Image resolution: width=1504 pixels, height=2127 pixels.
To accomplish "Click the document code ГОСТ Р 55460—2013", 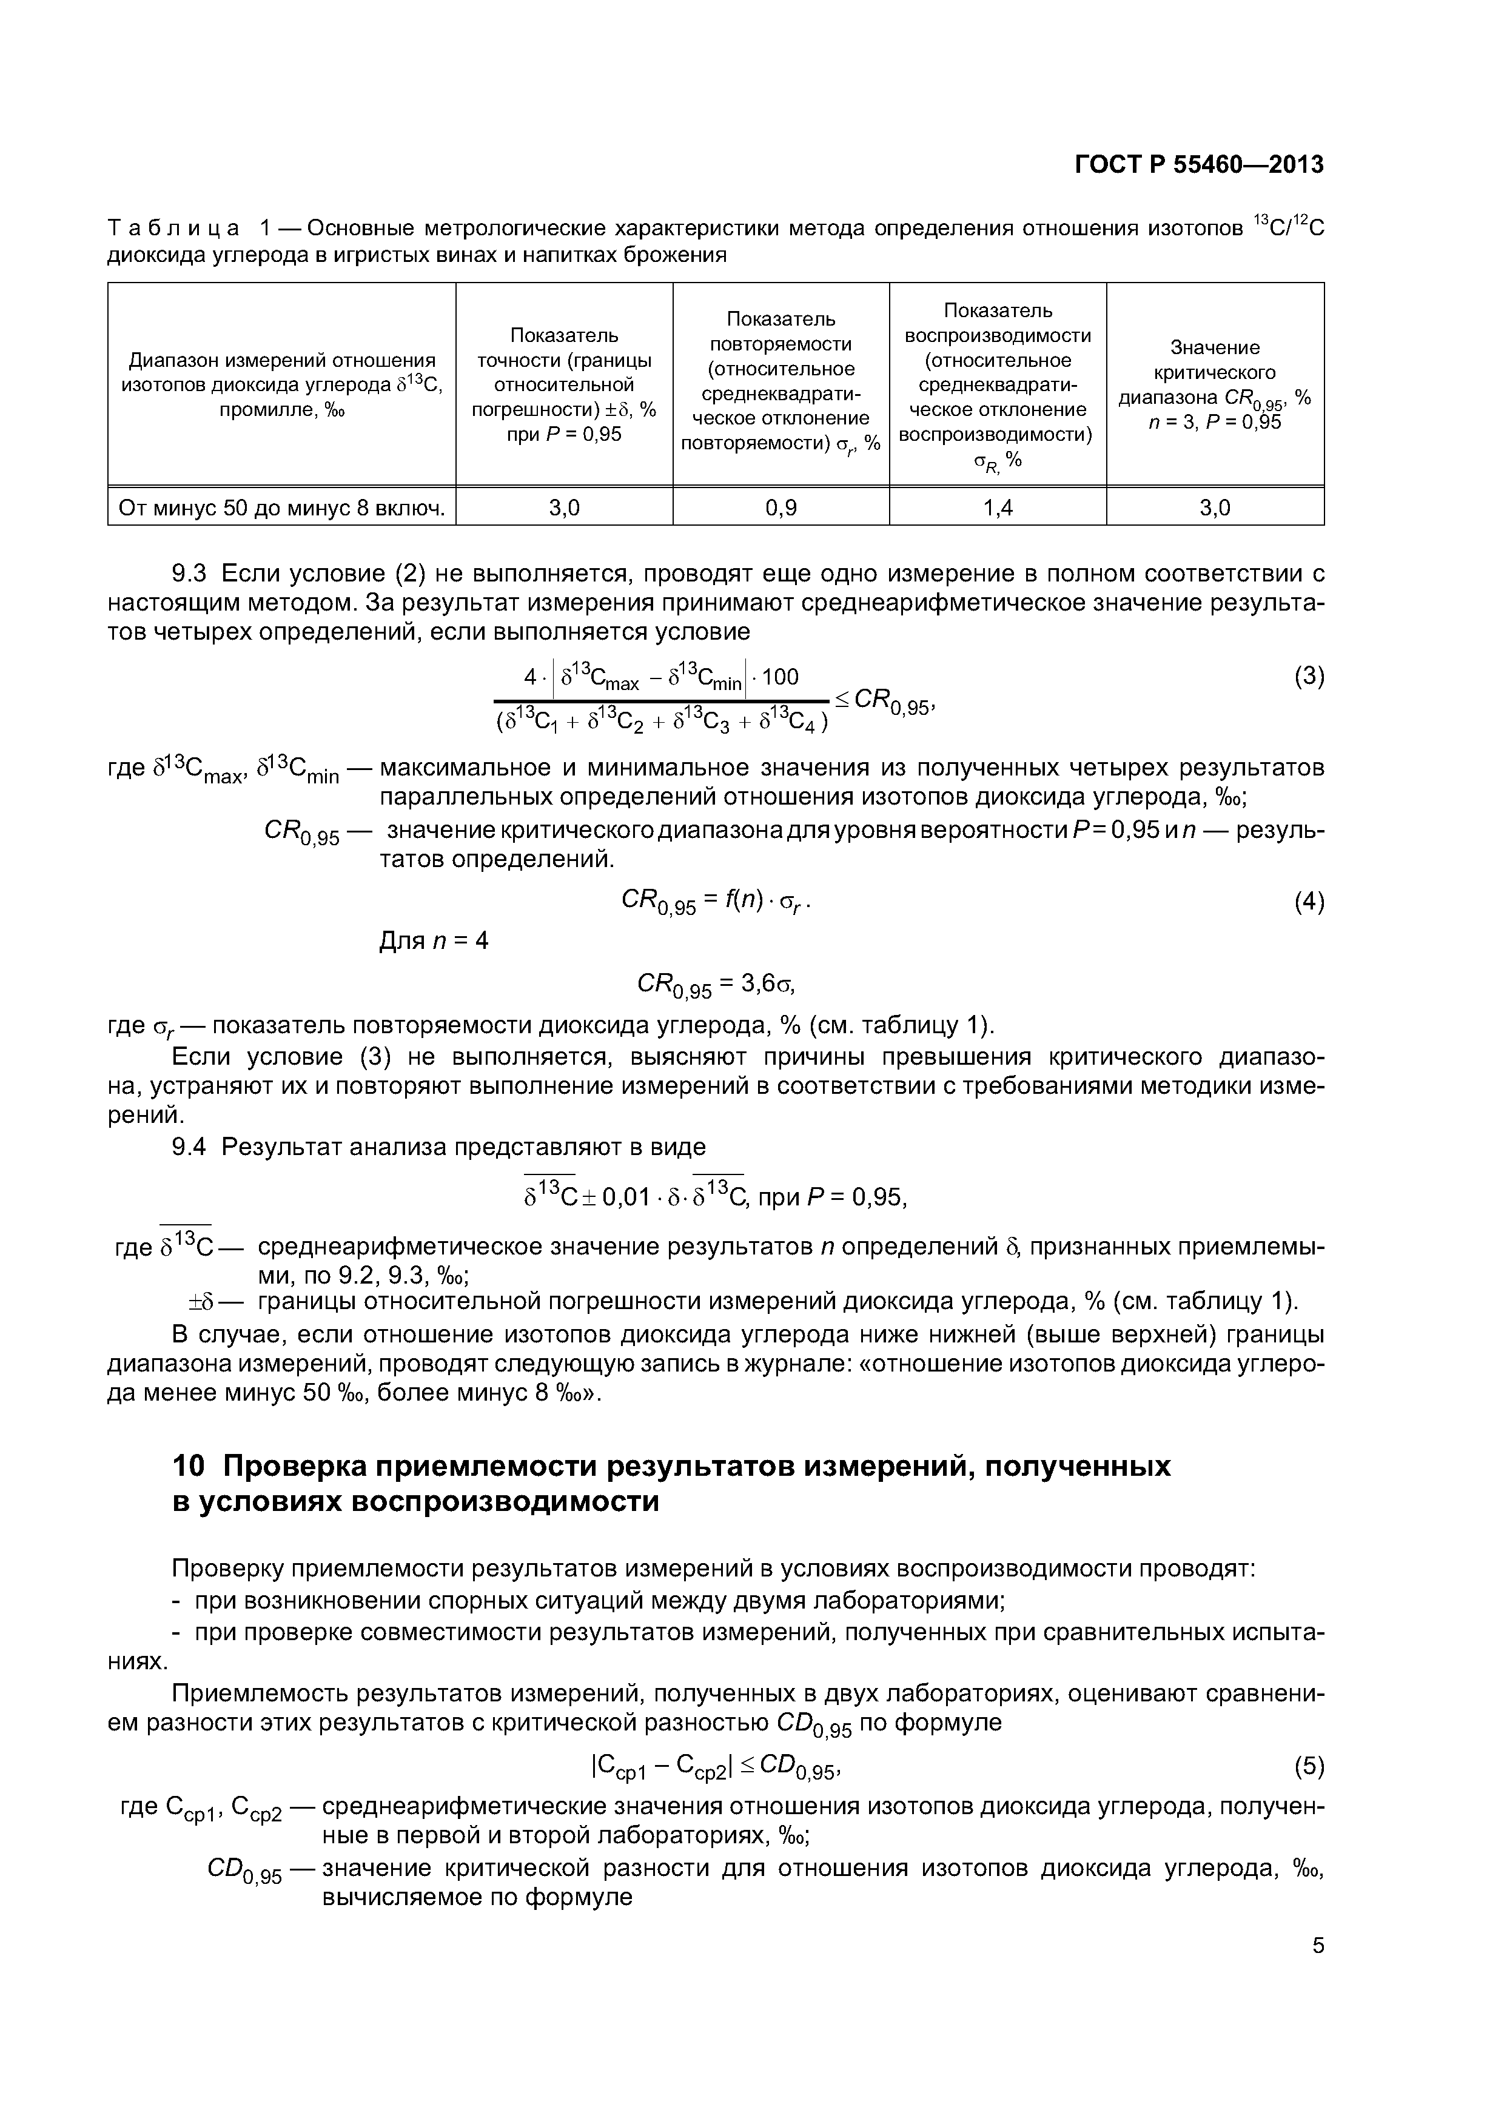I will [1198, 165].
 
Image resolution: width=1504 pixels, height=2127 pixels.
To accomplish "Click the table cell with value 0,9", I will [781, 507].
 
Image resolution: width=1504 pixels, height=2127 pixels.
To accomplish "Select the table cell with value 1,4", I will [998, 507].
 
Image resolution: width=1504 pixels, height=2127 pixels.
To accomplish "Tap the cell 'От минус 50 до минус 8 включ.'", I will [282, 507].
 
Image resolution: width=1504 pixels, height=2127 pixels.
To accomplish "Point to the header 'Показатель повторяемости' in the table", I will [781, 381].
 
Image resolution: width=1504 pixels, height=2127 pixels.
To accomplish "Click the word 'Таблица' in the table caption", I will [173, 227].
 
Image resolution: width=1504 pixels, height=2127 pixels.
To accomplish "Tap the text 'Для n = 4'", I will [434, 941].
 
